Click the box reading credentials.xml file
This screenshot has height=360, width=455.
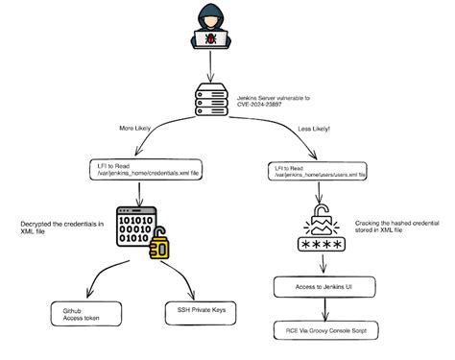[138, 169]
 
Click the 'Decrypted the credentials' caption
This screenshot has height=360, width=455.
[60, 228]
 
